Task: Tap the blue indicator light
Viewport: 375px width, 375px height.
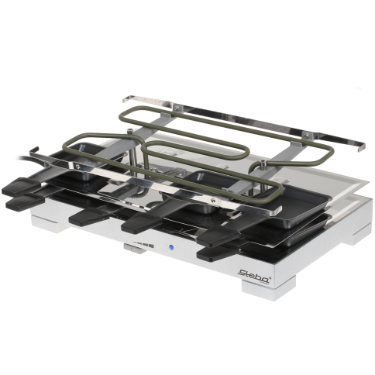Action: click(170, 247)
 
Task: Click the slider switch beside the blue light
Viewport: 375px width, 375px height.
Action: click(134, 249)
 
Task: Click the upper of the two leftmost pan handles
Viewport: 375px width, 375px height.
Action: click(19, 187)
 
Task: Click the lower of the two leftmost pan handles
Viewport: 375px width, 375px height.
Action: click(26, 202)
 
